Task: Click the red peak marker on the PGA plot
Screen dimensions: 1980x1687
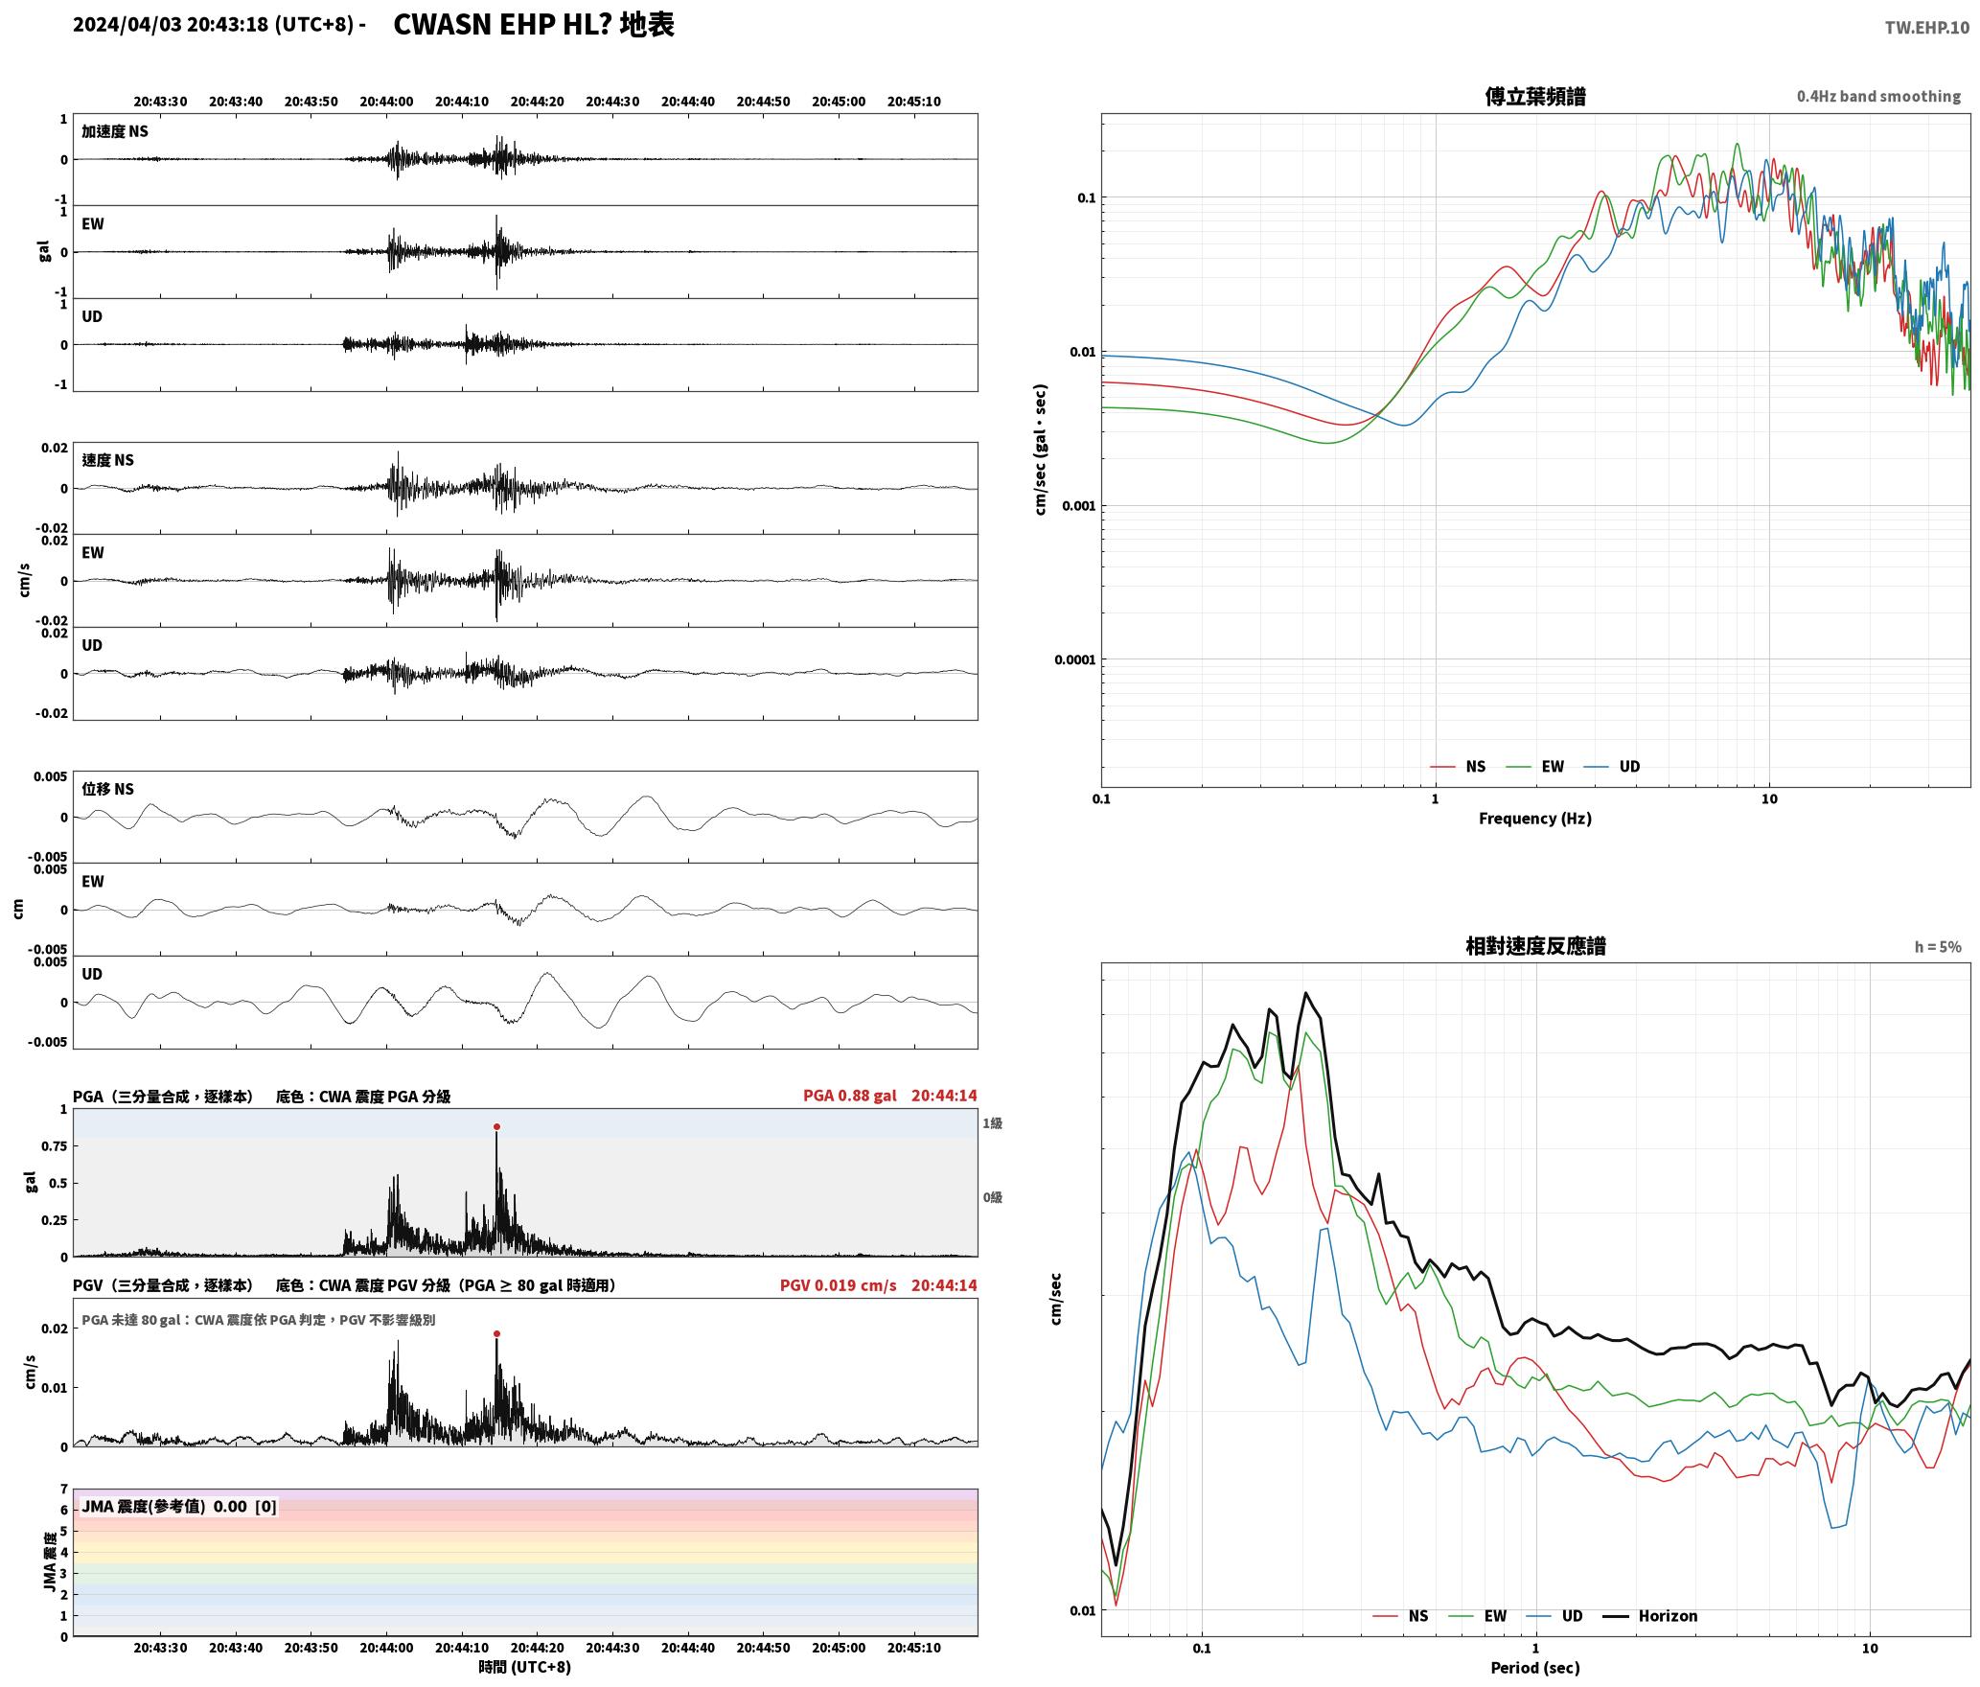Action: coord(496,1127)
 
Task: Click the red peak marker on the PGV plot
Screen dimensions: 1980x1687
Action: coord(496,1334)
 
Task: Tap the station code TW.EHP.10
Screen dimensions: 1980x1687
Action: coord(1927,28)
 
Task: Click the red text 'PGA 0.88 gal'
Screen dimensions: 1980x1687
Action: coord(850,1096)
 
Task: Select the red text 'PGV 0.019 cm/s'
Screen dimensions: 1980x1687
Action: coord(839,1285)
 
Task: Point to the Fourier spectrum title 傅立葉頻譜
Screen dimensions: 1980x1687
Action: coord(1535,97)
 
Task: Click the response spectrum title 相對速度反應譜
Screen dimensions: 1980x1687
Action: coord(1535,947)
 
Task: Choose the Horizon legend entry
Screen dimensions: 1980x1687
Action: coord(1651,1616)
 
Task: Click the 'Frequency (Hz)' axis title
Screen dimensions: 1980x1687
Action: coord(1535,819)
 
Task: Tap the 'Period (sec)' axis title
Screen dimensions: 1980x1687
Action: coord(1535,1668)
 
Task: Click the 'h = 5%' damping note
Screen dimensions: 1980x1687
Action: coord(1938,947)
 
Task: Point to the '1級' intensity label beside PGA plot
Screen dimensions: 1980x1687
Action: coord(992,1123)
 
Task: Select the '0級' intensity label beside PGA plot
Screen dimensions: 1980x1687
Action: coord(992,1198)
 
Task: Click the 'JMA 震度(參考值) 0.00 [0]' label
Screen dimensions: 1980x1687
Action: coord(179,1507)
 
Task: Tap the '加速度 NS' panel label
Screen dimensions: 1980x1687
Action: coord(115,132)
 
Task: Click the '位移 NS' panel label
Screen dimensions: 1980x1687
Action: coord(108,790)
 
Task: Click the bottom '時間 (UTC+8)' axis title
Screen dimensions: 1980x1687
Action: coord(525,1668)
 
